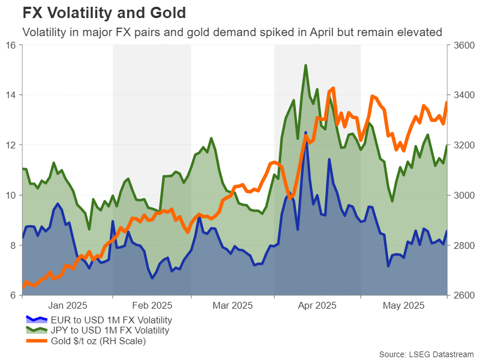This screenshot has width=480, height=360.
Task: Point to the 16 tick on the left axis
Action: coord(11,45)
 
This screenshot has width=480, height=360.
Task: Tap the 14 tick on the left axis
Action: coord(11,95)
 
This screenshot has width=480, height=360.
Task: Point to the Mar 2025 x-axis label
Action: coord(232,305)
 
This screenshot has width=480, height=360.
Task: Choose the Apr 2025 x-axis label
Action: coord(316,305)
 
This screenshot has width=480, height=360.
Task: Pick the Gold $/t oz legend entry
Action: coord(94,340)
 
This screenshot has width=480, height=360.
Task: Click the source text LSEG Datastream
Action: coord(426,353)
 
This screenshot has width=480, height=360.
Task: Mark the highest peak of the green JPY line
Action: coord(306,65)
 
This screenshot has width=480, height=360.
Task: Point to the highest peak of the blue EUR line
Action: coord(306,133)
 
